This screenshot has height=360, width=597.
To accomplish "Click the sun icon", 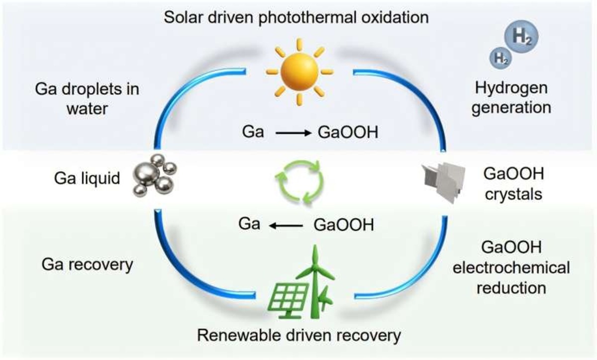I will [x=298, y=72].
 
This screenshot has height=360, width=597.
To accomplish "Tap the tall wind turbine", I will [x=315, y=283].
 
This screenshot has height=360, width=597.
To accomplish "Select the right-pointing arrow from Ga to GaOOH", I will [x=293, y=133].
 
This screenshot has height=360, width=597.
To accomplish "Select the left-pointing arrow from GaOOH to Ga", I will [x=287, y=226].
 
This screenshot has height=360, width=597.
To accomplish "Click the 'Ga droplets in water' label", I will [x=87, y=98].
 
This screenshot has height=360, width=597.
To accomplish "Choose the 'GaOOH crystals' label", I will [x=513, y=183].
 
